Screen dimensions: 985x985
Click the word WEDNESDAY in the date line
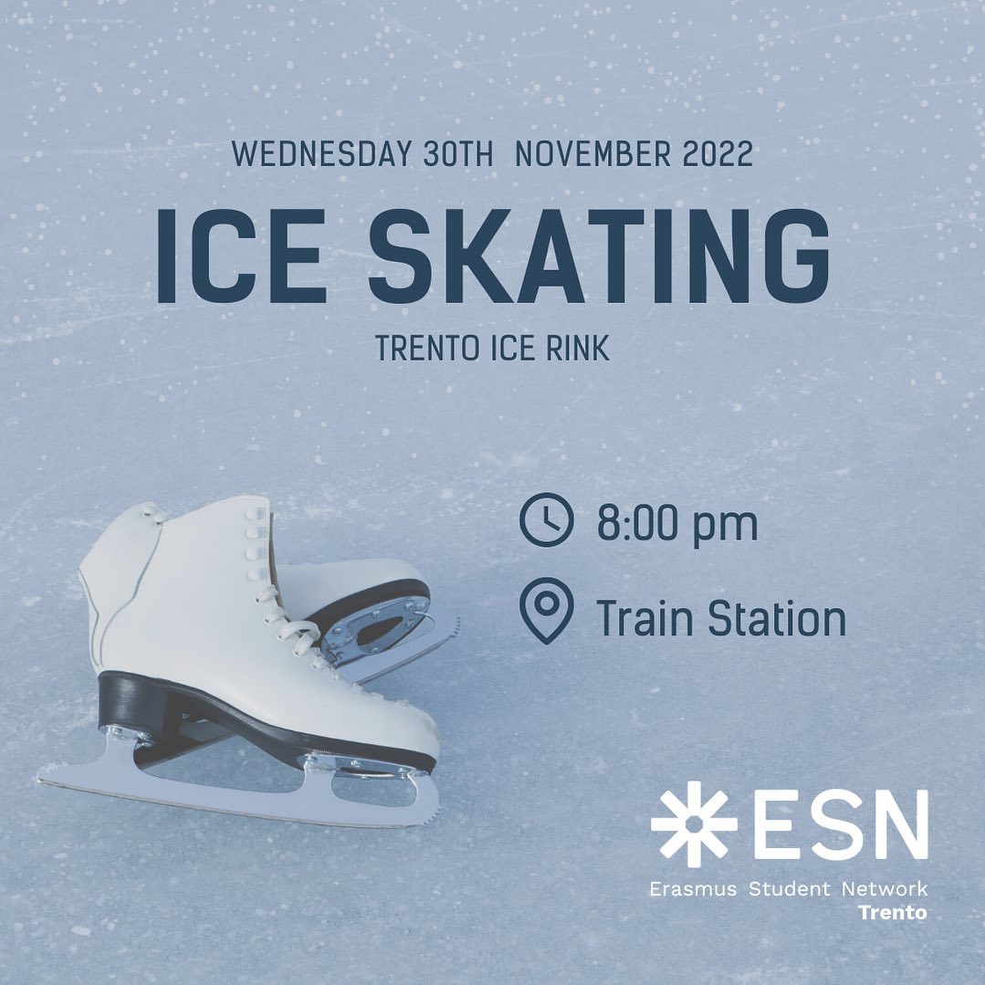(321, 154)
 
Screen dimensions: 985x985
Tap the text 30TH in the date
(458, 154)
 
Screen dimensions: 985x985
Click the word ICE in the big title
(241, 256)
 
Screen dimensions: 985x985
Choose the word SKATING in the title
(599, 256)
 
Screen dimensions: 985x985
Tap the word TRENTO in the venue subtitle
(428, 348)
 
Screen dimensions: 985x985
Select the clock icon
(547, 519)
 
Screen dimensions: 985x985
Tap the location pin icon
(547, 610)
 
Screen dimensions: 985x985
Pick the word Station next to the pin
(777, 618)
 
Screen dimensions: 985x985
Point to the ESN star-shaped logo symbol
(694, 824)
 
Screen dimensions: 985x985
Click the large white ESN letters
(841, 824)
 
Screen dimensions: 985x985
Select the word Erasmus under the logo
(692, 889)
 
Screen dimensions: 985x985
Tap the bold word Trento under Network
(893, 912)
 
